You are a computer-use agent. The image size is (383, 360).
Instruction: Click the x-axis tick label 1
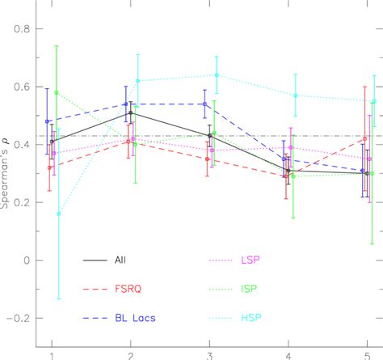tap(52, 354)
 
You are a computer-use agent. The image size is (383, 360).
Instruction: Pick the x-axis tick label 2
tap(131, 354)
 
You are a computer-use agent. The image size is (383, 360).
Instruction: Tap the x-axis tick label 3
tap(210, 354)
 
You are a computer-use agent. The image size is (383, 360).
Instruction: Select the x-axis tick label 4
tap(288, 354)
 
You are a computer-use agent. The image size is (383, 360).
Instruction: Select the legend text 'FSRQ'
tap(147, 289)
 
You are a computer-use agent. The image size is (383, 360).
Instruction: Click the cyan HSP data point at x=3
tap(217, 75)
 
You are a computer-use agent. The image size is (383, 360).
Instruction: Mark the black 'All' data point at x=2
tap(131, 113)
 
